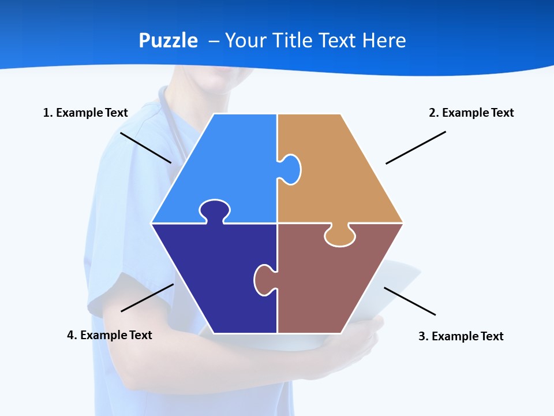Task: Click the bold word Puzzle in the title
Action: (168, 40)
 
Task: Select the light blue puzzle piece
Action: (225, 162)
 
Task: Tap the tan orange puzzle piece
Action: (340, 173)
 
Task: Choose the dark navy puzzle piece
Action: (214, 277)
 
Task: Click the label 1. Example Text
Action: (85, 113)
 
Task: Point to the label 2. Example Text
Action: (471, 113)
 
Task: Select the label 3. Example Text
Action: (461, 336)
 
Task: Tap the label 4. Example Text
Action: (109, 335)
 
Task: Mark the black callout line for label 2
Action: (415, 147)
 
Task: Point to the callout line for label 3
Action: (410, 301)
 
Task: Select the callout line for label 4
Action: (147, 298)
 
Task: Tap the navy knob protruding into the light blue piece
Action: (215, 209)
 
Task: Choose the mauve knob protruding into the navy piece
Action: (263, 280)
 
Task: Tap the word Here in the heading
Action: (384, 40)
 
